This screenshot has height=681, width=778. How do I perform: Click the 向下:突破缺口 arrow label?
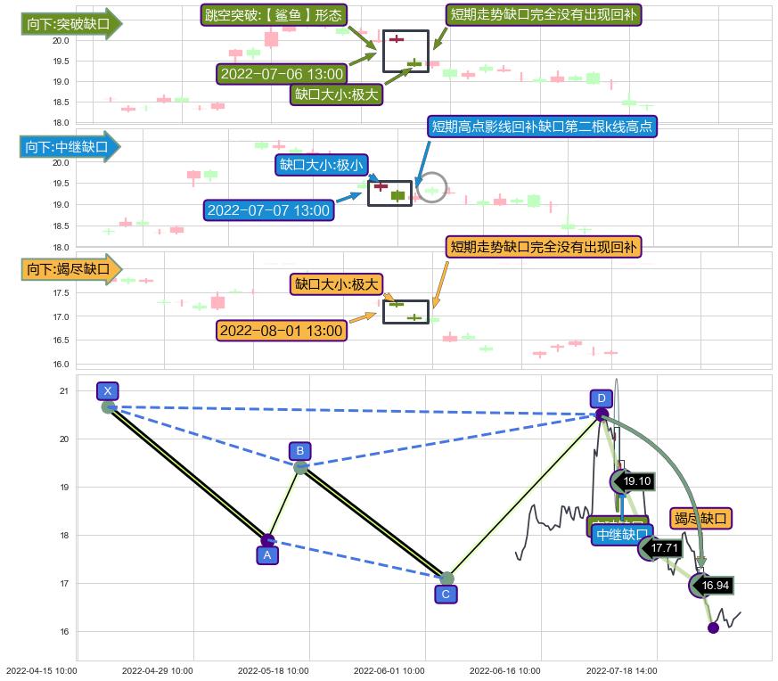70,24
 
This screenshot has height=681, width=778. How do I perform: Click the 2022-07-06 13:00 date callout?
281,74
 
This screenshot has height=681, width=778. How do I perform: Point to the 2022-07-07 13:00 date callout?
268,210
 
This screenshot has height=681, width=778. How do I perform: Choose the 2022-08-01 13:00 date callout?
281,331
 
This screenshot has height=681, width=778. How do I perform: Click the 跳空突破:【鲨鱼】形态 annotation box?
273,15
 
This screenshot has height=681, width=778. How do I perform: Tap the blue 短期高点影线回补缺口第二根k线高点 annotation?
541,127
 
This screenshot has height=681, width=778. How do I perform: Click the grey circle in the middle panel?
432,186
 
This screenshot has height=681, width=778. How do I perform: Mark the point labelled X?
108,391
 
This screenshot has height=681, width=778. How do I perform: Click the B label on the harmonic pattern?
300,451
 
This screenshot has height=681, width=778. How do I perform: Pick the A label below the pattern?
266,555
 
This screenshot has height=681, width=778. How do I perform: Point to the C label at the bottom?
446,595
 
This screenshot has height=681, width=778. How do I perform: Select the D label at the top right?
601,398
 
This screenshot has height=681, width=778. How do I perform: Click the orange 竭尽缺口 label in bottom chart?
700,518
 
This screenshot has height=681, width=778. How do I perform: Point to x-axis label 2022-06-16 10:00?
504,670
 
